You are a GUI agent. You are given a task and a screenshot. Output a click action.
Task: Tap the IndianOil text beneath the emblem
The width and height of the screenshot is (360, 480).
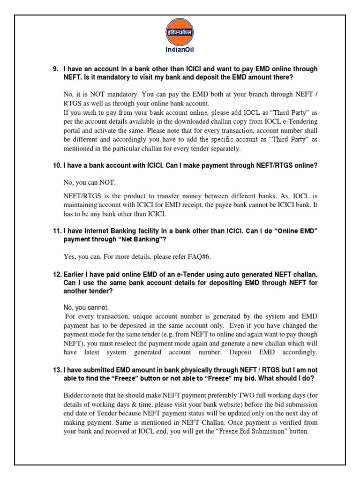(180, 52)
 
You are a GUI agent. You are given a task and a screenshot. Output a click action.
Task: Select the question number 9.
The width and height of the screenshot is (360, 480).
(55, 69)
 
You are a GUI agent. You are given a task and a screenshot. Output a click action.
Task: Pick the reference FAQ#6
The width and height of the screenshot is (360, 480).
(194, 256)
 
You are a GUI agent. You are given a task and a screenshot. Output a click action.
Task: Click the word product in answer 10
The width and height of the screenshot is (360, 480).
(129, 195)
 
